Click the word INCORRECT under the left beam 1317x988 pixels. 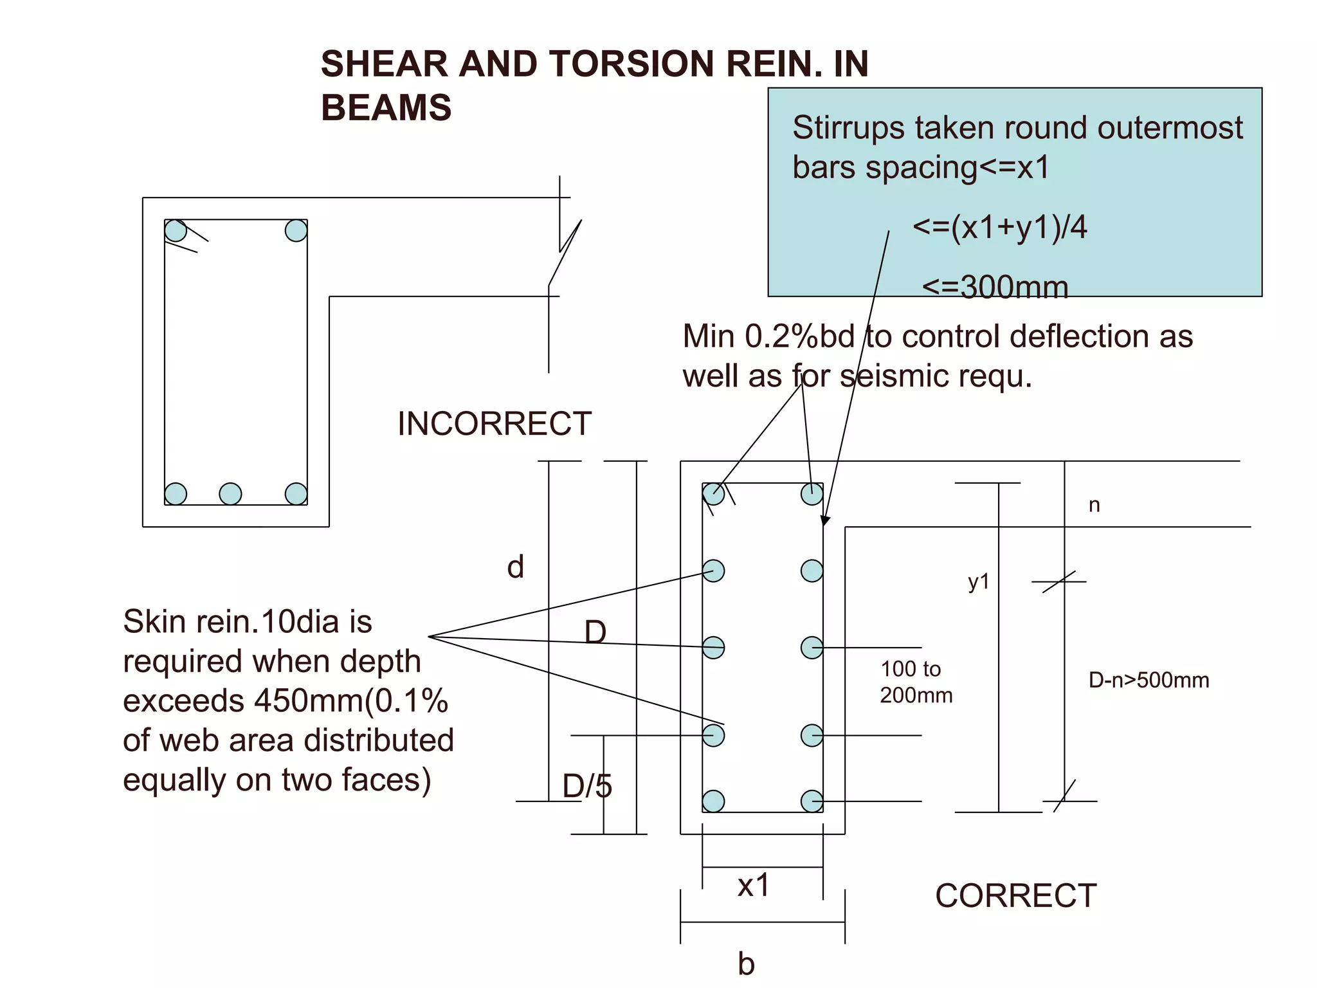coord(494,424)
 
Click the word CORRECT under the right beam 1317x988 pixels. coord(1015,895)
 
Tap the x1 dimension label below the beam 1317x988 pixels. coord(753,886)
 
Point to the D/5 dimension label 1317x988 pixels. coord(587,786)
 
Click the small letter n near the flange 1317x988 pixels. coord(1094,506)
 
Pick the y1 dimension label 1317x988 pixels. coord(978,582)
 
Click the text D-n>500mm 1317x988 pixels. coord(1149,680)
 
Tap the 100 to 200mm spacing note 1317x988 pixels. coord(916,682)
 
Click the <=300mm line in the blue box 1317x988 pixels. coord(995,287)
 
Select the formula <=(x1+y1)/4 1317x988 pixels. coord(999,227)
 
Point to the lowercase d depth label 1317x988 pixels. coord(515,567)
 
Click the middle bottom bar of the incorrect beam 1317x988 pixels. coord(230,494)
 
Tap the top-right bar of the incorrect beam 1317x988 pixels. coord(296,230)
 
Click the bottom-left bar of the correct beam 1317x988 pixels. coord(713,801)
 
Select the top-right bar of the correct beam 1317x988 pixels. coord(812,494)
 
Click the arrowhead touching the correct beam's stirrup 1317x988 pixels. coord(826,520)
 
